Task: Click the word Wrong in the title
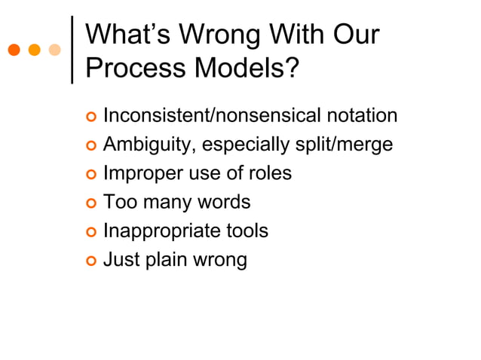[x=225, y=36]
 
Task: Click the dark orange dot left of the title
[x=14, y=50]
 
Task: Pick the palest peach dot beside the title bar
[x=54, y=50]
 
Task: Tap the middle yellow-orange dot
[x=34, y=50]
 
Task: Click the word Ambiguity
[x=146, y=145]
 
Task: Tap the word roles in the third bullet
[x=269, y=173]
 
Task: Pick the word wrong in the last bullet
[x=218, y=261]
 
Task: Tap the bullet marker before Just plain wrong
[x=90, y=261]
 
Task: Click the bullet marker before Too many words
[x=90, y=203]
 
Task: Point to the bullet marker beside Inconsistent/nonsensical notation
[x=90, y=117]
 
